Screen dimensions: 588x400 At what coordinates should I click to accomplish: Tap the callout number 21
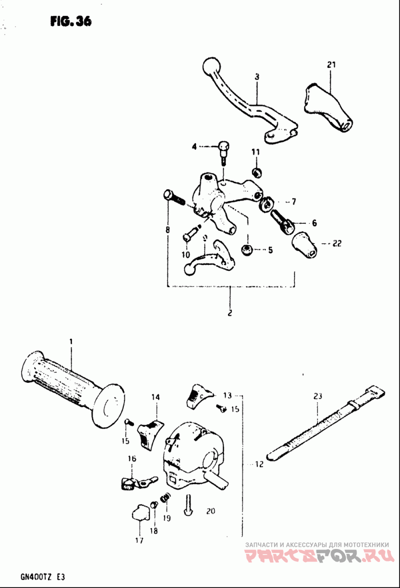pyautogui.click(x=330, y=64)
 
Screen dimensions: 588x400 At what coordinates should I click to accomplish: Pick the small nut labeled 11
pyautogui.click(x=256, y=173)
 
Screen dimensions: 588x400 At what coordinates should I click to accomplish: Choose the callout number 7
pyautogui.click(x=293, y=202)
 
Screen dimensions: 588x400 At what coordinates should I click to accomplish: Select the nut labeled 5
pyautogui.click(x=246, y=249)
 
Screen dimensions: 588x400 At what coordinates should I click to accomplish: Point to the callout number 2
pyautogui.click(x=230, y=314)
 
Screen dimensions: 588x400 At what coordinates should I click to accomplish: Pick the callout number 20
pyautogui.click(x=210, y=511)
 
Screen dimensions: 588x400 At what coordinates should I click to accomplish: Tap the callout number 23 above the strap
pyautogui.click(x=318, y=396)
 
